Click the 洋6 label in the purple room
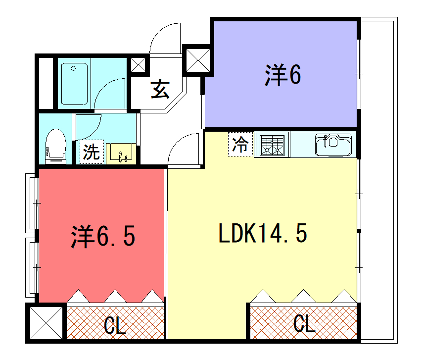click(283, 74)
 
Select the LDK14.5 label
click(262, 236)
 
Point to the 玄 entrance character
click(161, 89)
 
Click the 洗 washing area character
click(91, 153)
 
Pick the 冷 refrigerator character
click(240, 144)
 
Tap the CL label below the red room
click(115, 324)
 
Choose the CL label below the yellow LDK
click(303, 324)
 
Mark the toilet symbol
click(57, 144)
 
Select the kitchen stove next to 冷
click(272, 144)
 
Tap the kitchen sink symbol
click(334, 144)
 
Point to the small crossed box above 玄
click(138, 65)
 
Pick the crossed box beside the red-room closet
click(45, 323)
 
